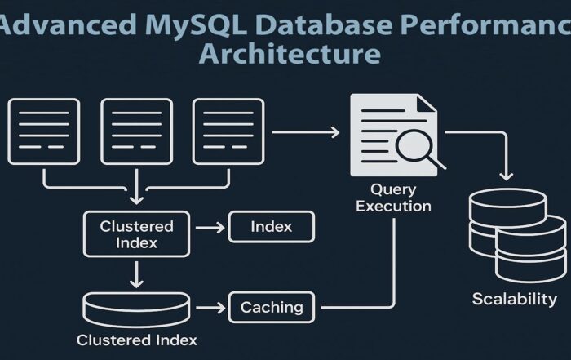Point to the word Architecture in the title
coord(289,54)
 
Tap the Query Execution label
coord(393,198)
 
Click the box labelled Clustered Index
coord(136,233)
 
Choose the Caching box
coord(272,308)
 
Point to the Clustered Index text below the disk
coord(136,339)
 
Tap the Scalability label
coord(514,299)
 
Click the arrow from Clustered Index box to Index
coord(209,227)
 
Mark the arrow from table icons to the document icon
coord(305,130)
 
